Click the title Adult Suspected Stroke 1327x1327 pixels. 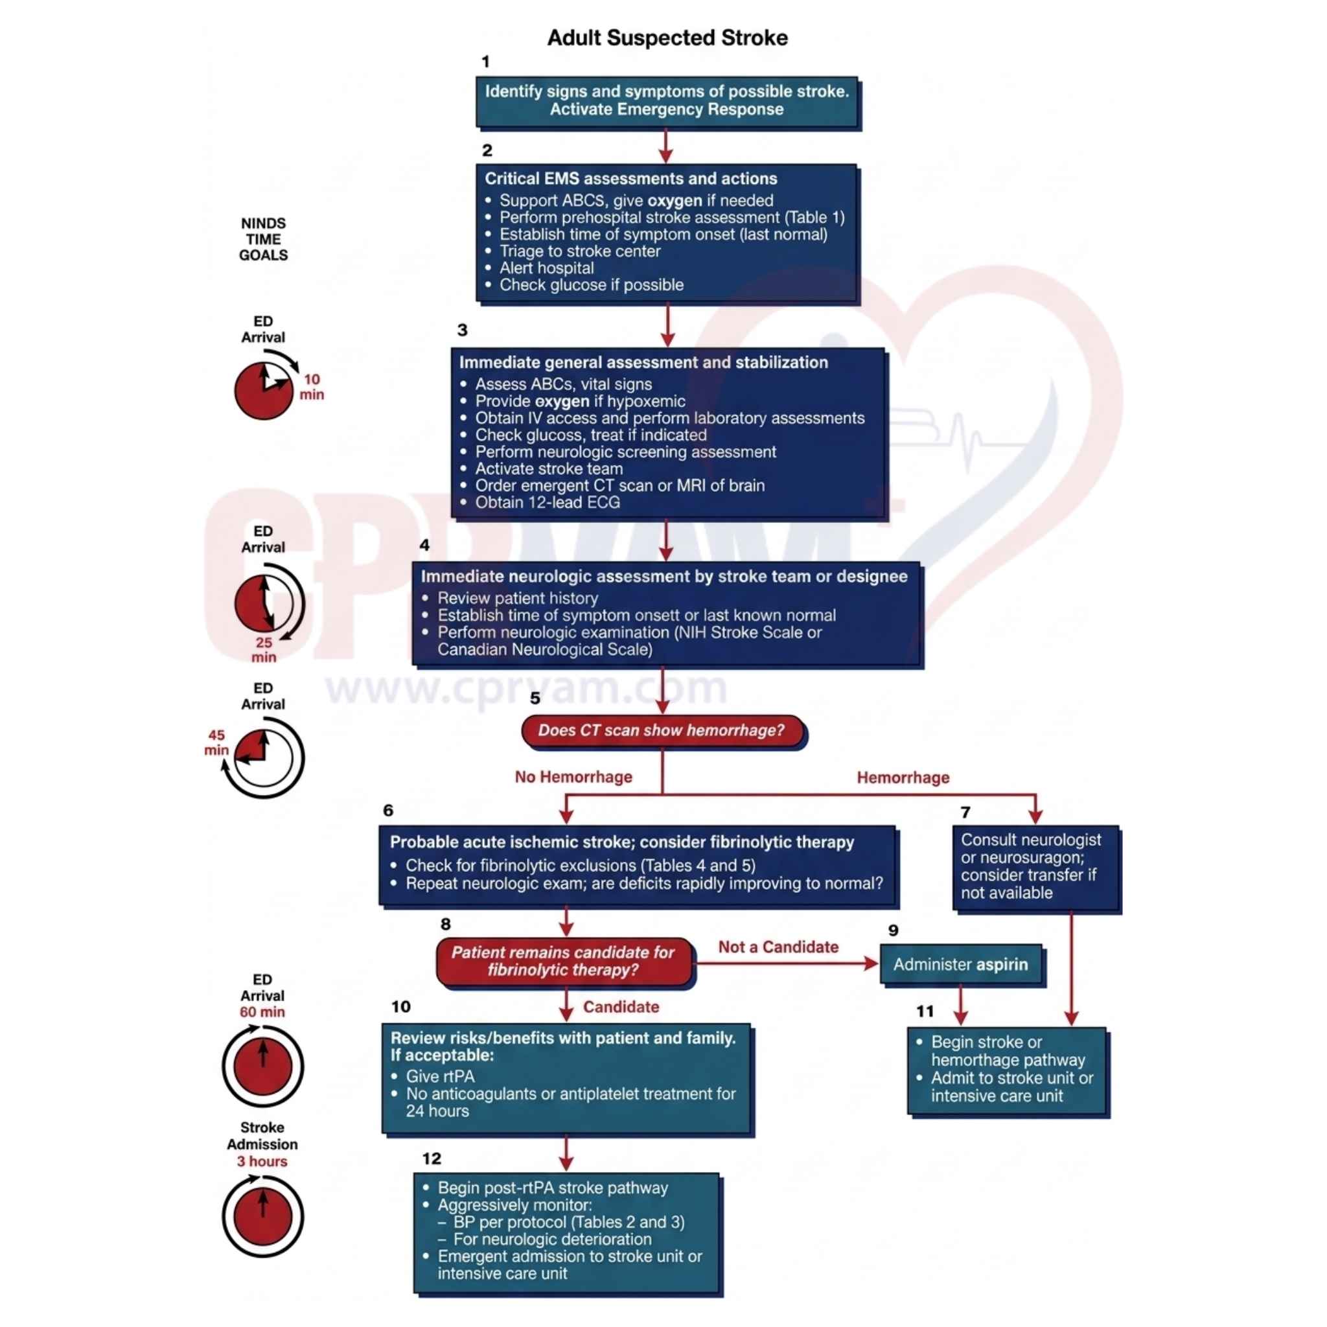pos(666,38)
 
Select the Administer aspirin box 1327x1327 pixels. pos(960,964)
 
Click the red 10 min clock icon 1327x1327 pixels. pos(264,390)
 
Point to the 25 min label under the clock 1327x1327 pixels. pos(264,650)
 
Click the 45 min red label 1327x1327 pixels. pos(216,743)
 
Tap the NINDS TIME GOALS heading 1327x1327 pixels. pos(263,239)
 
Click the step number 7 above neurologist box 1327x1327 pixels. pos(965,813)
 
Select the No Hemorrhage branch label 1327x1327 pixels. pos(573,777)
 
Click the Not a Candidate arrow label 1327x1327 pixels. pos(778,947)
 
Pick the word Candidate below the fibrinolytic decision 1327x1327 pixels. pos(620,1007)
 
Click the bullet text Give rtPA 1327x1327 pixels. pos(439,1076)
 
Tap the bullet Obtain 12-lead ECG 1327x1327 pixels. pos(547,503)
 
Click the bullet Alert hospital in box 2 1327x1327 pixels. pos(546,268)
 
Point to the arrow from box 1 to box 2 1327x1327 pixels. pos(665,146)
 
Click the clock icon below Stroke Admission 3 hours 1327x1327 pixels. pos(262,1216)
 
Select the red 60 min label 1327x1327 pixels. pos(262,1011)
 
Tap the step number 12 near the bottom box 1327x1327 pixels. pos(432,1159)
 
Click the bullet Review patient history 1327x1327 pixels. pos(517,598)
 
